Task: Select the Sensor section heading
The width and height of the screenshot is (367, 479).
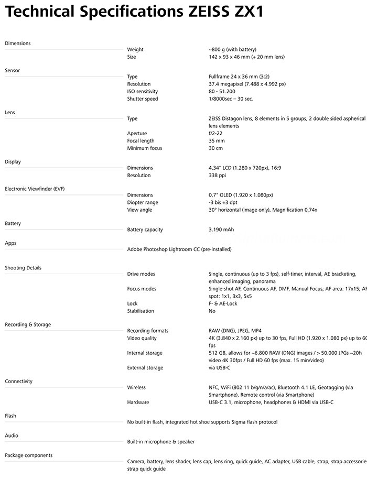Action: [x=12, y=70]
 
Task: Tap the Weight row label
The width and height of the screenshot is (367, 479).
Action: [x=135, y=49]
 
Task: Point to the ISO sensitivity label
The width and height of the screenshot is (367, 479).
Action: [x=142, y=91]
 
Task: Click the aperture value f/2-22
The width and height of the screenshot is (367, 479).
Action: [x=215, y=133]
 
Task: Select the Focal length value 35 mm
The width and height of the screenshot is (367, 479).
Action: [x=216, y=140]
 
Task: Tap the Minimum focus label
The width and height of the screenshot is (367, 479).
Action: [x=144, y=148]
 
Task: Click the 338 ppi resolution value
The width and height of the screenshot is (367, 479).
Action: [x=217, y=175]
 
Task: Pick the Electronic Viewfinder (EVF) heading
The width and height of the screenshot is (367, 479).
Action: [x=35, y=188]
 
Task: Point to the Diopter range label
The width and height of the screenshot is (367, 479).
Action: [x=142, y=202]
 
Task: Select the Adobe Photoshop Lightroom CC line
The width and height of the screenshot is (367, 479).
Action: [x=179, y=249]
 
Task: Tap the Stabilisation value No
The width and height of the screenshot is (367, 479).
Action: [x=212, y=311]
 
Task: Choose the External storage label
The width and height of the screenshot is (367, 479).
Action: [x=145, y=367]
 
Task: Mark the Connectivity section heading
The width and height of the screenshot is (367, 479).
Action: [x=18, y=381]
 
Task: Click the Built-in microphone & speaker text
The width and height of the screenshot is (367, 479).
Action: [x=160, y=442]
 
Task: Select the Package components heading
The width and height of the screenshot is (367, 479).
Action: [x=28, y=455]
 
